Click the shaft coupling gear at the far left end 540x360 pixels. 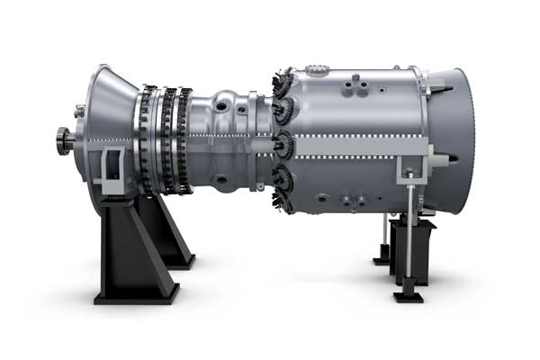click(63, 139)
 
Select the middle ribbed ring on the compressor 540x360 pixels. click(166, 139)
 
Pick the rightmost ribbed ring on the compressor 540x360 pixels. click(184, 139)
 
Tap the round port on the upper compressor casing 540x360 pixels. click(221, 105)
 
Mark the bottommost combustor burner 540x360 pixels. click(284, 203)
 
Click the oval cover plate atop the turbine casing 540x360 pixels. click(317, 69)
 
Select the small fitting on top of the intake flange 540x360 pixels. click(79, 111)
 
